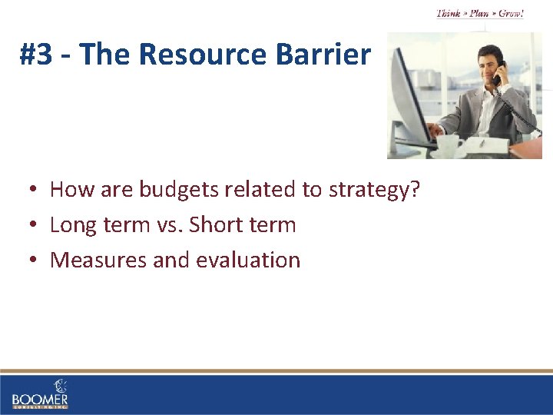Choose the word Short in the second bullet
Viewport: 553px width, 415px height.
217,225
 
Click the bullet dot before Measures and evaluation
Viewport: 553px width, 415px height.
35,261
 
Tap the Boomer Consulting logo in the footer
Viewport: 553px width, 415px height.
40,393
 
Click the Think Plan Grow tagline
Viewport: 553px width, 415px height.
480,14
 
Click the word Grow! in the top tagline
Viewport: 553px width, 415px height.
511,14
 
